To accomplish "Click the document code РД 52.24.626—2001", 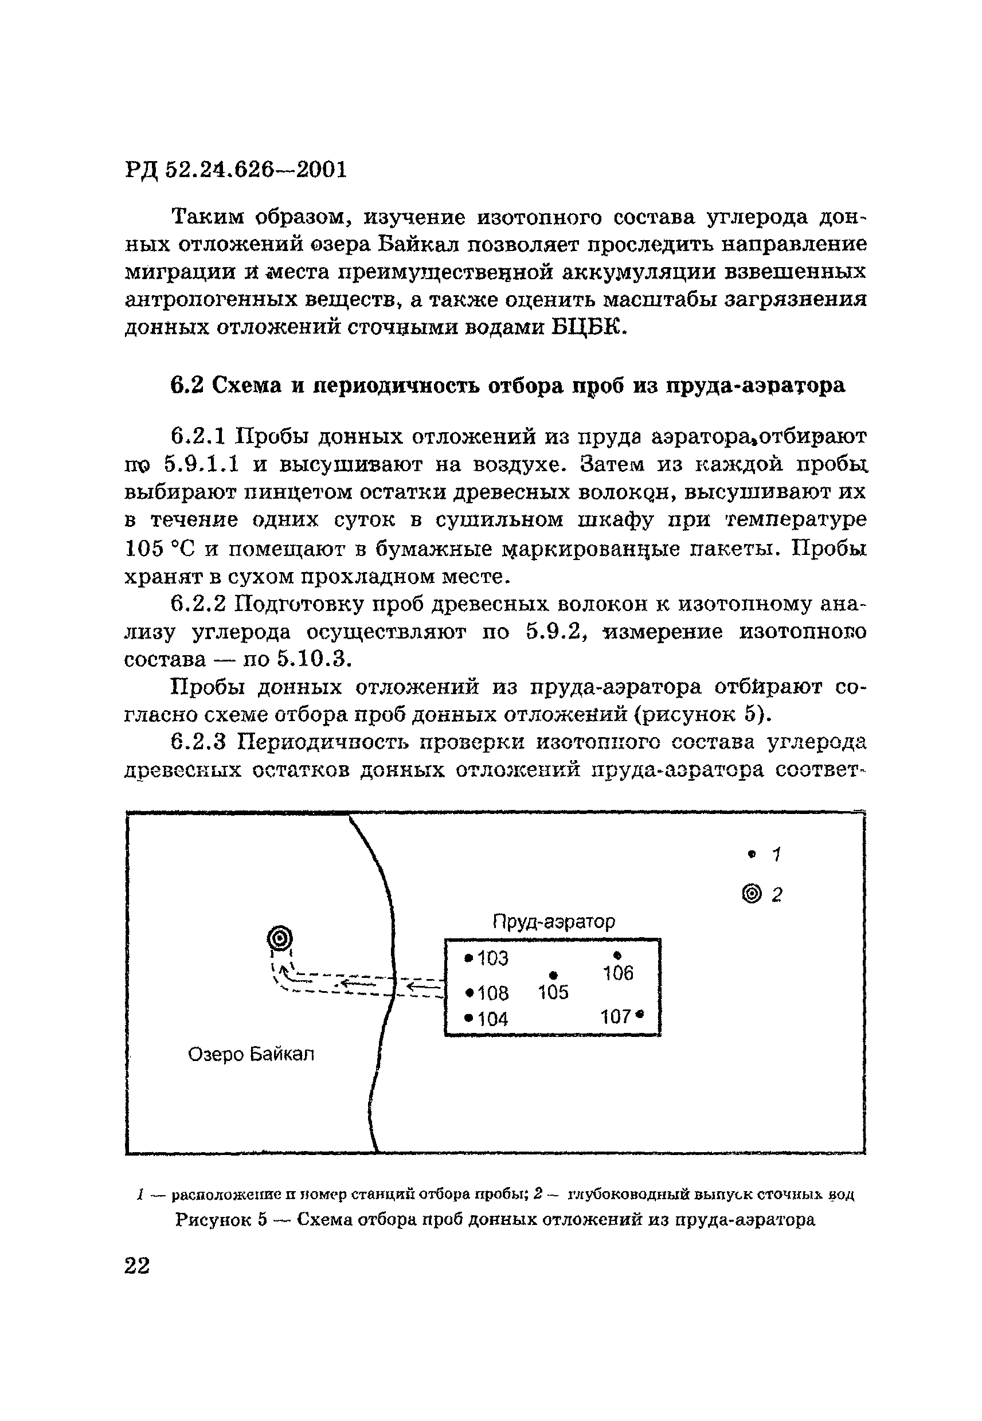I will (x=236, y=169).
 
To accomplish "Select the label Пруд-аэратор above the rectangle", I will (x=554, y=922).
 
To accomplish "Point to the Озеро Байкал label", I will (x=251, y=1054).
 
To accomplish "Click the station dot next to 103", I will (x=470, y=958).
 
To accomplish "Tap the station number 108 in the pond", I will (x=494, y=993).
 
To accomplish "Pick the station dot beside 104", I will (x=470, y=1019).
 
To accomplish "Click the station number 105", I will (x=553, y=993).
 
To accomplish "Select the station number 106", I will (x=618, y=973).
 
